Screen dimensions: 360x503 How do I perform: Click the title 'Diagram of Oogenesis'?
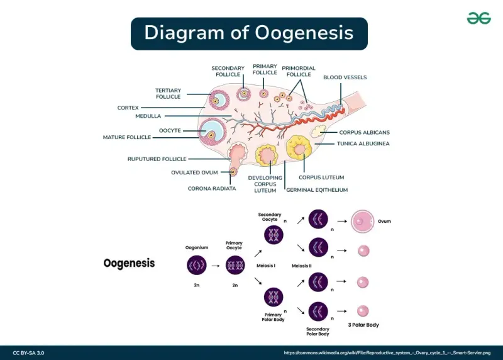pyautogui.click(x=248, y=33)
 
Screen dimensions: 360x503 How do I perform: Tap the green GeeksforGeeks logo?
pyautogui.click(x=478, y=18)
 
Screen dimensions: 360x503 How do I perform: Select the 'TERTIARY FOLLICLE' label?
pyautogui.click(x=168, y=94)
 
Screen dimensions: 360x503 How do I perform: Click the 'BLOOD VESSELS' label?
pyautogui.click(x=345, y=77)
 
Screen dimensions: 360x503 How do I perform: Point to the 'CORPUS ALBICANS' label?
pyautogui.click(x=364, y=132)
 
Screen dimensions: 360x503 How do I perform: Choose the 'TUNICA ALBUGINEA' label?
pyautogui.click(x=364, y=143)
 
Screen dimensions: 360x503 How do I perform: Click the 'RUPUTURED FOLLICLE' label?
pyautogui.click(x=157, y=159)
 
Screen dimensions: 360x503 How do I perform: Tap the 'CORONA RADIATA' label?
pyautogui.click(x=212, y=188)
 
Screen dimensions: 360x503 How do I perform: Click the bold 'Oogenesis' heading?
pyautogui.click(x=129, y=263)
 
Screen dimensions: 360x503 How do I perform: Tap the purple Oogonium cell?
pyautogui.click(x=197, y=266)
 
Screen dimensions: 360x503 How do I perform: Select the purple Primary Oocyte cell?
pyautogui.click(x=235, y=266)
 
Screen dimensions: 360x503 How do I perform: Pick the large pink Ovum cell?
pyautogui.click(x=363, y=222)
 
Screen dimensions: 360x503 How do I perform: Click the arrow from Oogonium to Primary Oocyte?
pyautogui.click(x=215, y=266)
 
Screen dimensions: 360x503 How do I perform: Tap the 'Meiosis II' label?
pyautogui.click(x=301, y=266)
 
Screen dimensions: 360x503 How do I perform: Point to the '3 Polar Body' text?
pyautogui.click(x=363, y=325)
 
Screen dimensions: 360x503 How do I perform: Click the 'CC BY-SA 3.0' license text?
pyautogui.click(x=28, y=353)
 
